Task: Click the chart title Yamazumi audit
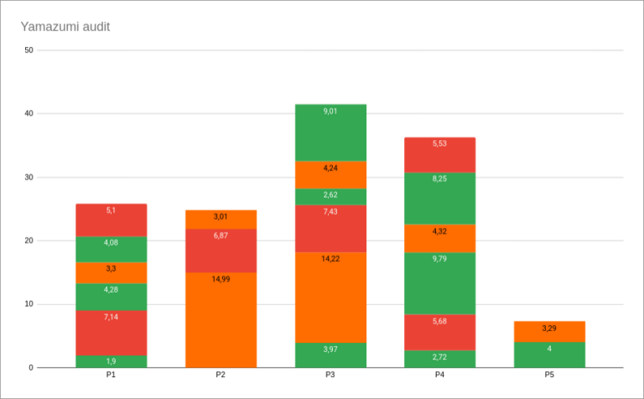click(x=65, y=27)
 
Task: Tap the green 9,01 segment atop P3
click(x=330, y=132)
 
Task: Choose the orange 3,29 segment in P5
click(x=549, y=331)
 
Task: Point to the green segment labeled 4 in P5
click(x=549, y=355)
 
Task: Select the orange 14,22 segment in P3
click(x=330, y=298)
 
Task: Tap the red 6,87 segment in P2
click(x=221, y=251)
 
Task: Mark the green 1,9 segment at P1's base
click(x=112, y=361)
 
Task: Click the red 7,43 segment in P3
click(x=330, y=229)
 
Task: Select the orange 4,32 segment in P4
click(x=440, y=238)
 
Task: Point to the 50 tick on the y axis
click(x=29, y=50)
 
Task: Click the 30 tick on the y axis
click(x=29, y=178)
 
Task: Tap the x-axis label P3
click(x=330, y=375)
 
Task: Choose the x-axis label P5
click(x=549, y=375)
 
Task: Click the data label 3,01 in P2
click(x=221, y=216)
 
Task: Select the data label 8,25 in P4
click(x=440, y=179)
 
